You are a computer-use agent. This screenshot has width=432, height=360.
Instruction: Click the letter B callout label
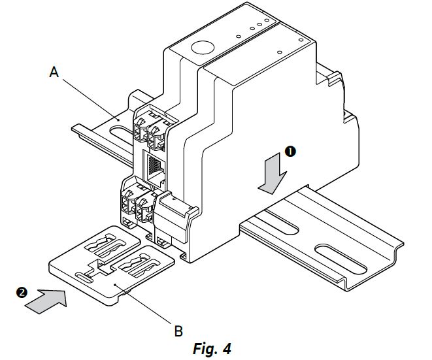[x=178, y=330]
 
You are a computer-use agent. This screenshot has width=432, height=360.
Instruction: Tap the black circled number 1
[x=290, y=152]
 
